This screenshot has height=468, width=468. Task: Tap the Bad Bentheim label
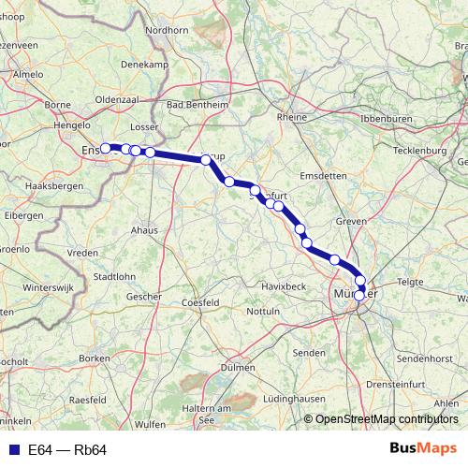click(x=197, y=105)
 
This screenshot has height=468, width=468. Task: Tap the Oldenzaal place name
click(x=117, y=98)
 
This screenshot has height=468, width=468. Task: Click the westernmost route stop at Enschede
click(x=106, y=147)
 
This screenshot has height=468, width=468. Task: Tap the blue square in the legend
click(x=12, y=450)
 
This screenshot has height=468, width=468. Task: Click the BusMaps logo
click(x=422, y=449)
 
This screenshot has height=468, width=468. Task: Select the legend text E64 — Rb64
click(x=67, y=450)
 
